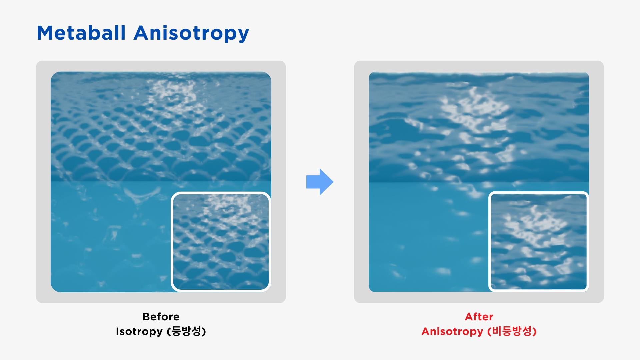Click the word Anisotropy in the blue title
(x=191, y=34)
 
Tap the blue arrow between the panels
(x=320, y=182)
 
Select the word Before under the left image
(x=161, y=317)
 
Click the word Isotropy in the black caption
(x=139, y=332)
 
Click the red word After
(x=479, y=317)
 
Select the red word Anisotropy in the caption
(x=452, y=332)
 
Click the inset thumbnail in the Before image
(x=221, y=242)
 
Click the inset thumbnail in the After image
(x=539, y=242)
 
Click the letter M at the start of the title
(x=45, y=33)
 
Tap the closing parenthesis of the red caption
(x=535, y=331)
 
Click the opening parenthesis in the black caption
(x=169, y=331)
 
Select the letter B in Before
(x=146, y=317)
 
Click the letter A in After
(x=469, y=317)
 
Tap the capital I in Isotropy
(x=117, y=331)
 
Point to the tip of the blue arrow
(x=333, y=182)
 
